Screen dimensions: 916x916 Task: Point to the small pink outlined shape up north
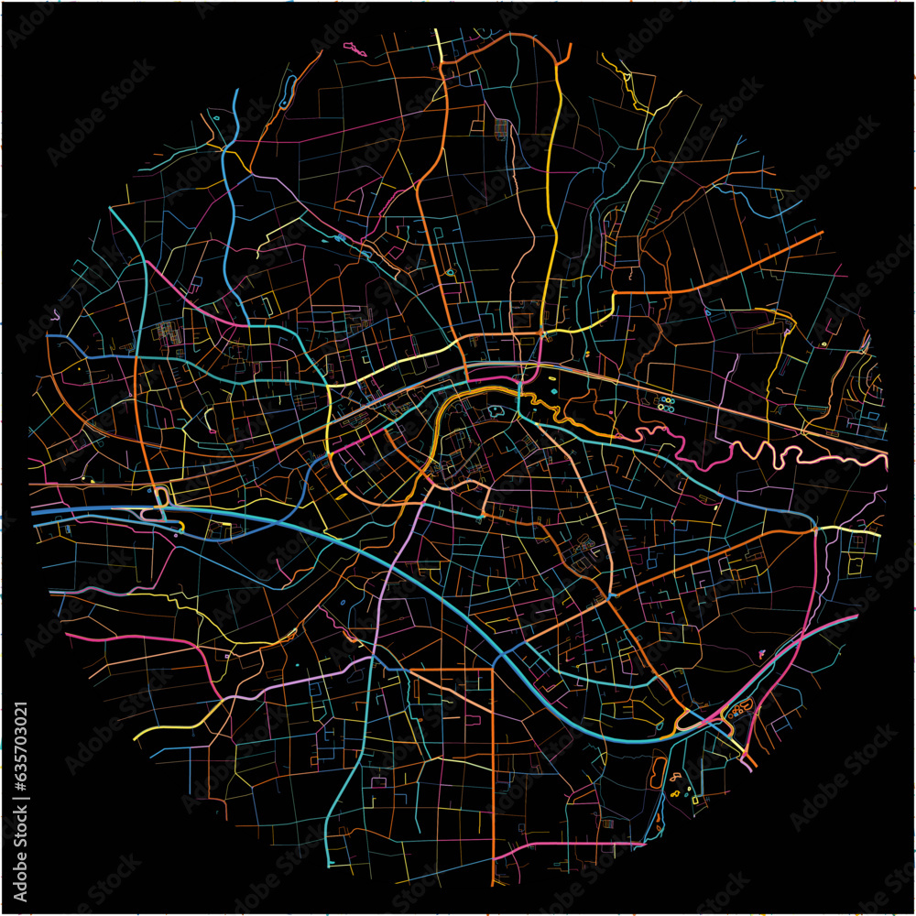[x=354, y=48]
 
